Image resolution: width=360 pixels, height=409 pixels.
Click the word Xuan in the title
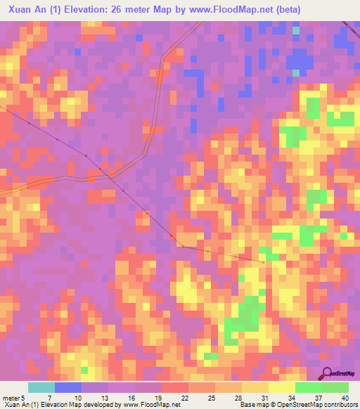pyautogui.click(x=20, y=10)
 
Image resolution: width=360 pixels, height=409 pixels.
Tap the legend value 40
pyautogui.click(x=345, y=398)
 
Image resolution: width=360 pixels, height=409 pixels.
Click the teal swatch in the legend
pyautogui.click(x=41, y=387)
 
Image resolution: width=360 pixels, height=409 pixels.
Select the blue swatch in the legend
pyautogui.click(x=67, y=387)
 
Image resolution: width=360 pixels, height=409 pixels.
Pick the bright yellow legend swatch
pyautogui.click(x=281, y=387)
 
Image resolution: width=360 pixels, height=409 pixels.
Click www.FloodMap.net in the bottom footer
pyautogui.click(x=149, y=405)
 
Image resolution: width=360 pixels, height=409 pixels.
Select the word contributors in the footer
pyautogui.click(x=340, y=405)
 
